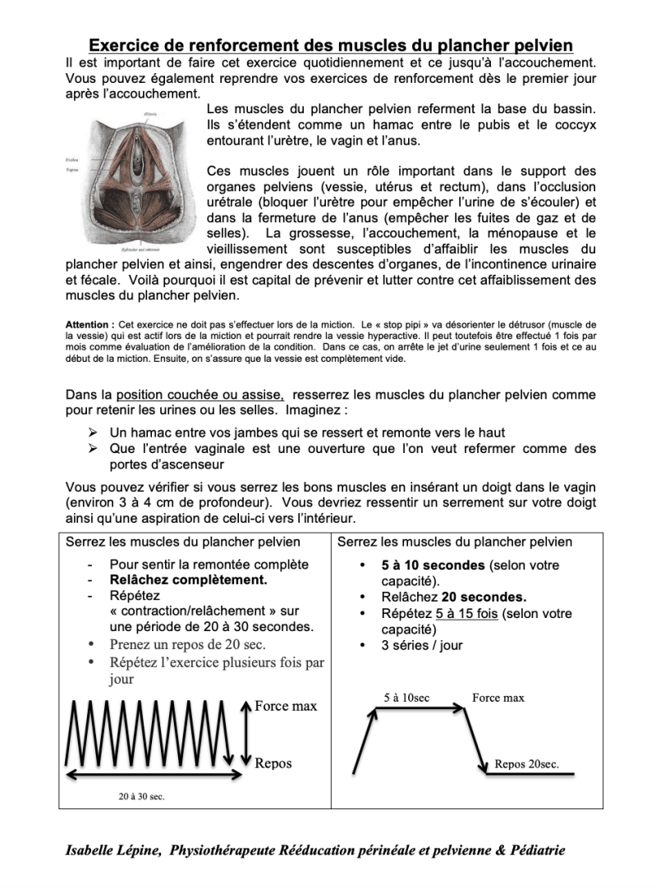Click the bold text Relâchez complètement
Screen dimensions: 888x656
(188, 580)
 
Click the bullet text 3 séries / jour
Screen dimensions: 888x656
(422, 645)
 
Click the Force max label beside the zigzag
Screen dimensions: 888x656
(286, 706)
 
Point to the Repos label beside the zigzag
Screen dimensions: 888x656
(273, 763)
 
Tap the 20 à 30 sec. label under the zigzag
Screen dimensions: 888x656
(141, 795)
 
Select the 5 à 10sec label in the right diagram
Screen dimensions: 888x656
(406, 698)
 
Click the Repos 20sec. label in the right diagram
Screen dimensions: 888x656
(526, 763)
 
